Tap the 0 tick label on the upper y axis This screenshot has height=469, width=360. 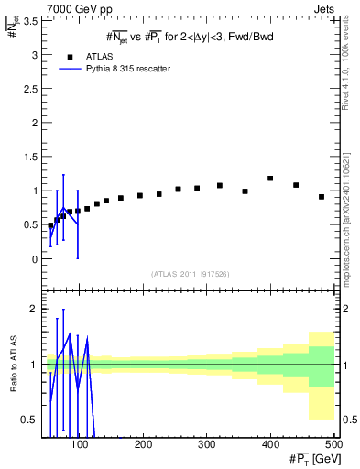click(33, 259)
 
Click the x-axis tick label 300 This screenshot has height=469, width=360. click(206, 445)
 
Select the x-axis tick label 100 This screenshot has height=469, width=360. click(81, 445)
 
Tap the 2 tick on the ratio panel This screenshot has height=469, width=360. click(33, 309)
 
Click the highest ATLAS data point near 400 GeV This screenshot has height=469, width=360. click(270, 179)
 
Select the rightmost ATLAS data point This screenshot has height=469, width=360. click(322, 197)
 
